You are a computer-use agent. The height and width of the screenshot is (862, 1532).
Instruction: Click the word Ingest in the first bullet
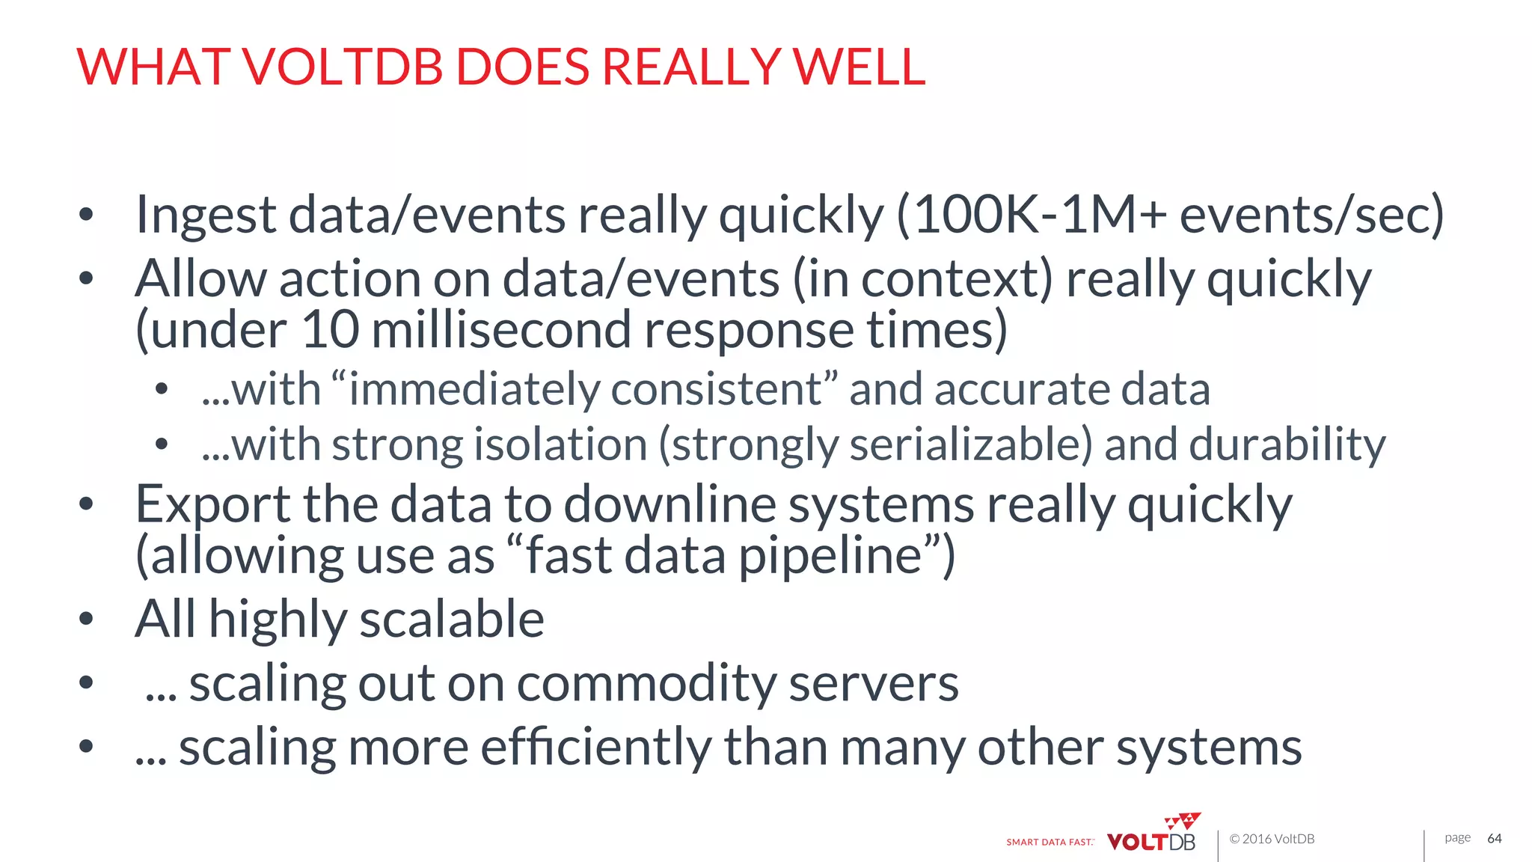[x=206, y=215]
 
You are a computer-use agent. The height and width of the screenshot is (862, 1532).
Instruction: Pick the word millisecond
[x=500, y=330]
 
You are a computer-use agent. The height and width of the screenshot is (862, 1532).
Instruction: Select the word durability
[x=1287, y=445]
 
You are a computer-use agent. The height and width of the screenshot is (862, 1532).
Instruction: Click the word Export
[x=212, y=505]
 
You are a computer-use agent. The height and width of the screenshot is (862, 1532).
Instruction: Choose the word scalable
[x=452, y=620]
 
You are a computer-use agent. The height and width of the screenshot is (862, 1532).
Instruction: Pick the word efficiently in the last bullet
[x=595, y=748]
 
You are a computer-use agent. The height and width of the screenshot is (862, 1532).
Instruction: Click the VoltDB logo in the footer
[x=1152, y=837]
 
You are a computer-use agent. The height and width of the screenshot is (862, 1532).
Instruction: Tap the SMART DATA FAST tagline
[x=1050, y=843]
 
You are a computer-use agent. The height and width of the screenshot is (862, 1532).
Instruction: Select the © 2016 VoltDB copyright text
[x=1272, y=840]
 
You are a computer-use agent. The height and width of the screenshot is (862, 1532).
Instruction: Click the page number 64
[x=1494, y=839]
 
